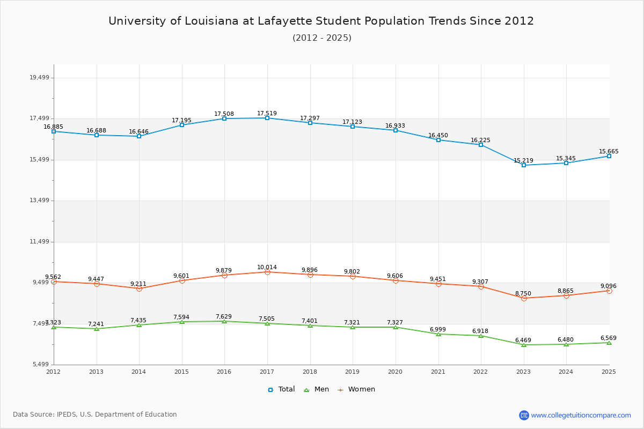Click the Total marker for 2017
[267, 118]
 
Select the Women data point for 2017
[267, 272]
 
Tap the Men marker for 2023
[524, 345]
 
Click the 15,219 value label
[523, 160]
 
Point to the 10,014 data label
[267, 267]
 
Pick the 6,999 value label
[438, 329]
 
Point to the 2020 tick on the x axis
[396, 371]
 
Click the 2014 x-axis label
[139, 371]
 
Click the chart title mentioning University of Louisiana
[321, 21]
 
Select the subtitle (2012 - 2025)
[321, 38]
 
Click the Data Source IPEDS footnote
[95, 415]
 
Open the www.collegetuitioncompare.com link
[581, 415]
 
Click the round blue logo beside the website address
[524, 415]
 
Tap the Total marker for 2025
[609, 156]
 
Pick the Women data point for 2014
[139, 289]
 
